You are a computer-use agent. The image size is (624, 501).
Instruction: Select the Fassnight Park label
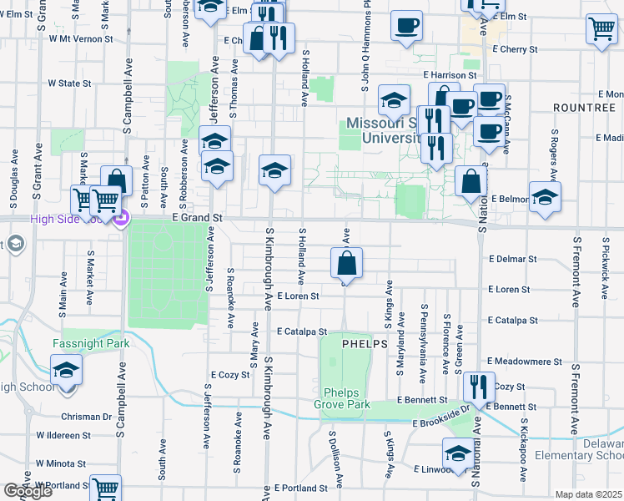[x=95, y=343]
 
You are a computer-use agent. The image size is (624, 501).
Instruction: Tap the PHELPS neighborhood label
[x=363, y=343]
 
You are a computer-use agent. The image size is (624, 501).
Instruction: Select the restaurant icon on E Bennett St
[x=478, y=386]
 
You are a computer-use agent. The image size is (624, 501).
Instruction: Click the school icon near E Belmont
[x=545, y=197]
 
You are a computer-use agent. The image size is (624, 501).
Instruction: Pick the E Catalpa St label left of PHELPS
[x=302, y=331]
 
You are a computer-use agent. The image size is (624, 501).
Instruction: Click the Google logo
[x=28, y=491]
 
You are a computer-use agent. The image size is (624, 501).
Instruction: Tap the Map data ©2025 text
[x=589, y=494]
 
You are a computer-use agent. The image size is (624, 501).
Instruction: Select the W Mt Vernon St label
[x=80, y=38]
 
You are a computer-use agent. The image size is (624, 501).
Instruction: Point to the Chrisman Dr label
[x=86, y=416]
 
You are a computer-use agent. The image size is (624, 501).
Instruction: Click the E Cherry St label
[x=515, y=49]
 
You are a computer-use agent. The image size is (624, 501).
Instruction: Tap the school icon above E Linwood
[x=457, y=454]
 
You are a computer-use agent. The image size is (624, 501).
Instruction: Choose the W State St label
[x=69, y=83]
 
